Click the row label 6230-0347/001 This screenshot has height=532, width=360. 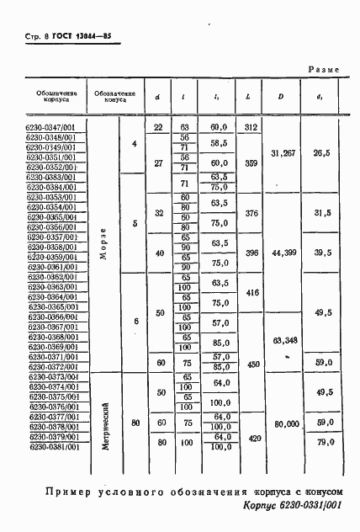tap(52, 126)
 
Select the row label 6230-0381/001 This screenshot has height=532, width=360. tap(52, 446)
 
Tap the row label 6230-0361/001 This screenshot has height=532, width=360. tap(52, 267)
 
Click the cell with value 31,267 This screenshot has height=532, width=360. tap(281, 152)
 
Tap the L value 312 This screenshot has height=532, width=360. tap(250, 126)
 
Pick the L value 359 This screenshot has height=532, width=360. tap(250, 162)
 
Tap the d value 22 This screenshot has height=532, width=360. tap(157, 126)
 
